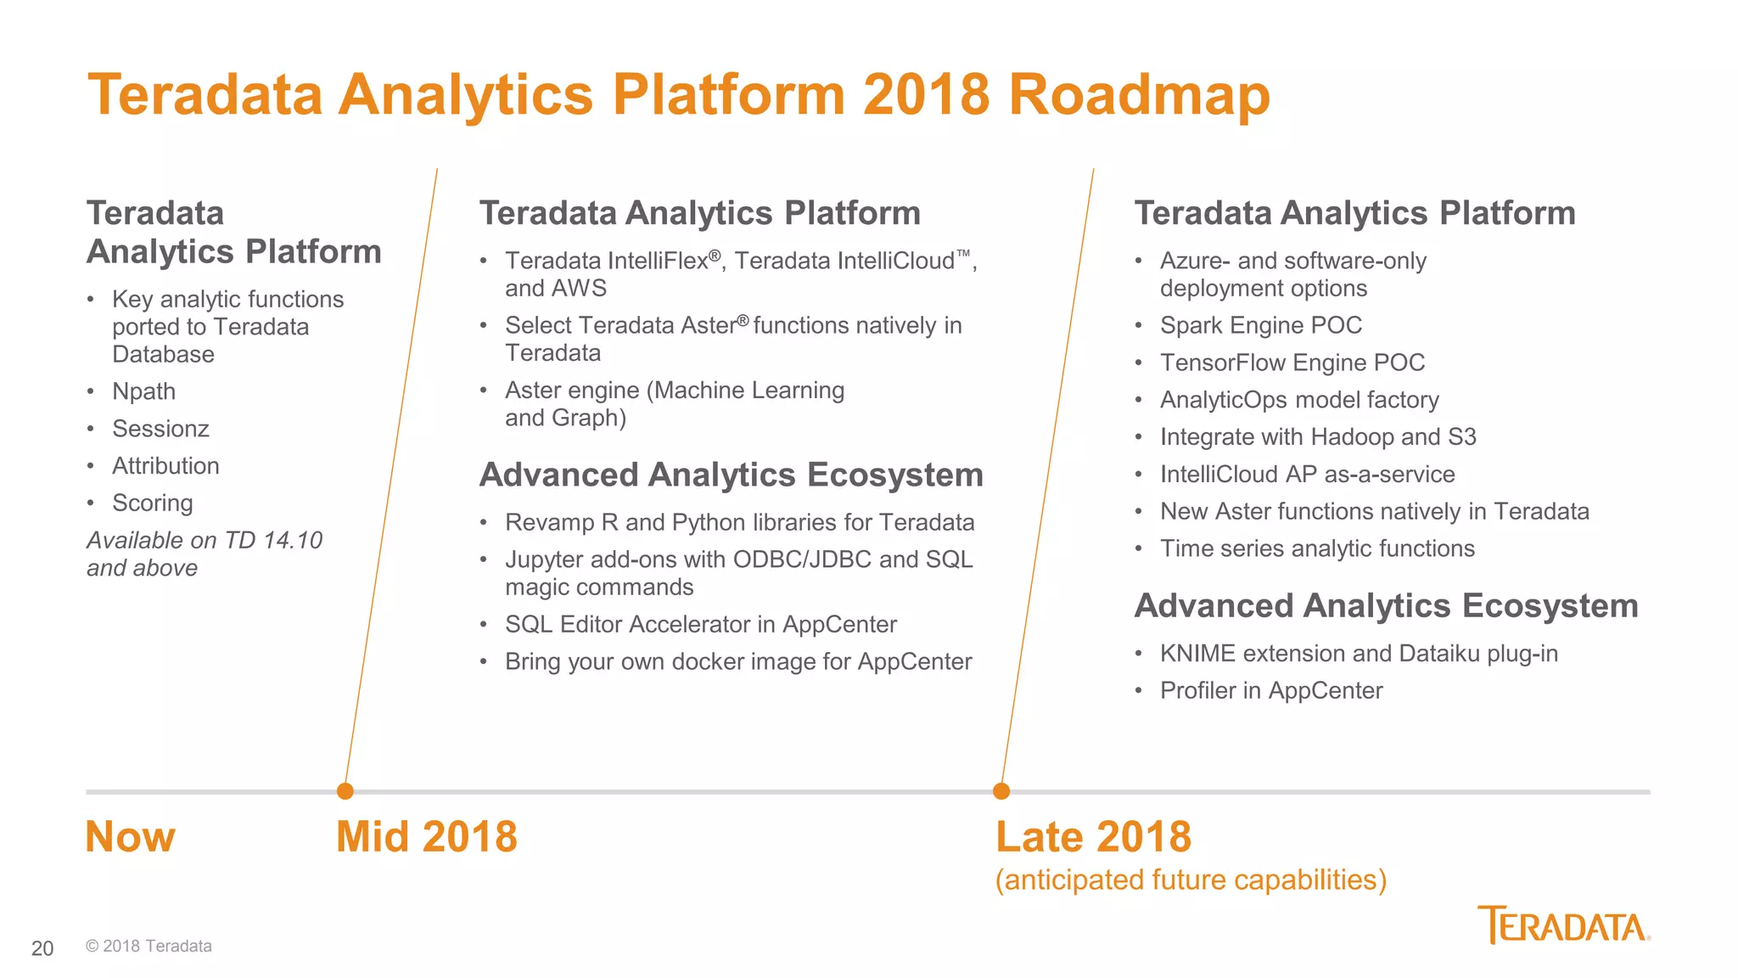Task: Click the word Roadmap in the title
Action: (x=1138, y=95)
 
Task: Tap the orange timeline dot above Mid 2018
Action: (x=345, y=791)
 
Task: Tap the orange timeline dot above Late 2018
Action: (x=1001, y=791)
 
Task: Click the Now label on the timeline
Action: (x=130, y=837)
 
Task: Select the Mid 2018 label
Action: (x=426, y=837)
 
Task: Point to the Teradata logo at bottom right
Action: (x=1563, y=925)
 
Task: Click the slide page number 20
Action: (x=42, y=948)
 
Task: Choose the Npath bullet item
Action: (x=143, y=391)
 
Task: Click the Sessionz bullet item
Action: (x=160, y=429)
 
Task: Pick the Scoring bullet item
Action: (x=153, y=503)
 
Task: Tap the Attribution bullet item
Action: (x=165, y=466)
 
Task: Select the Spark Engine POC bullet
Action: (x=1260, y=325)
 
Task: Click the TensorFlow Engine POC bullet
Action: (x=1292, y=363)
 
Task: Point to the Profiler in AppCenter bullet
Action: (x=1270, y=690)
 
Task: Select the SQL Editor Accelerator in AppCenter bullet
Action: (x=700, y=624)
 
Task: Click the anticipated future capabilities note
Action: (x=1191, y=880)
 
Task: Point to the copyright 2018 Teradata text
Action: (x=149, y=946)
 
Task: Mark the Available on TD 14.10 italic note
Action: (x=204, y=554)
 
